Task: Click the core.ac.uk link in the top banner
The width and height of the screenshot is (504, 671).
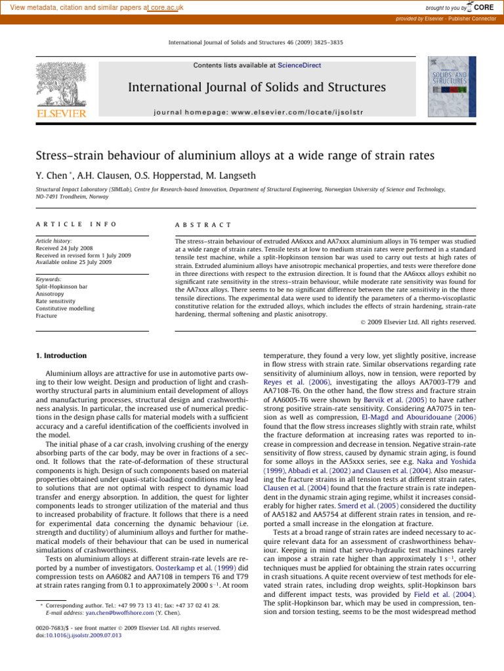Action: (167, 8)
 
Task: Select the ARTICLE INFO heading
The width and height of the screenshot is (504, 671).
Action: (76, 224)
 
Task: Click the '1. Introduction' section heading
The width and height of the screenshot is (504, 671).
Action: (60, 355)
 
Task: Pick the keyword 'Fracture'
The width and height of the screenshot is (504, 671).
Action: (47, 316)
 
